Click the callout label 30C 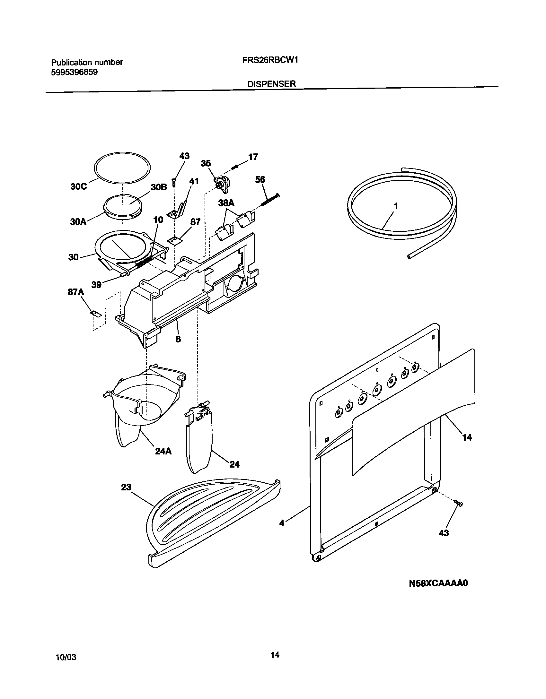[x=78, y=186]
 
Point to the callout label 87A [x=75, y=292]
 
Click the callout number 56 [x=260, y=180]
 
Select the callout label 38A [x=226, y=203]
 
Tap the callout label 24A [x=163, y=451]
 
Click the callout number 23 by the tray [x=126, y=487]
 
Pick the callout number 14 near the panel [x=467, y=437]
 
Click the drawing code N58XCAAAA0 [x=438, y=583]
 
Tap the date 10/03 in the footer [x=66, y=657]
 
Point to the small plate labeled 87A [x=95, y=314]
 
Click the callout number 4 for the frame [x=282, y=523]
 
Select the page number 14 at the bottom [x=275, y=655]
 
